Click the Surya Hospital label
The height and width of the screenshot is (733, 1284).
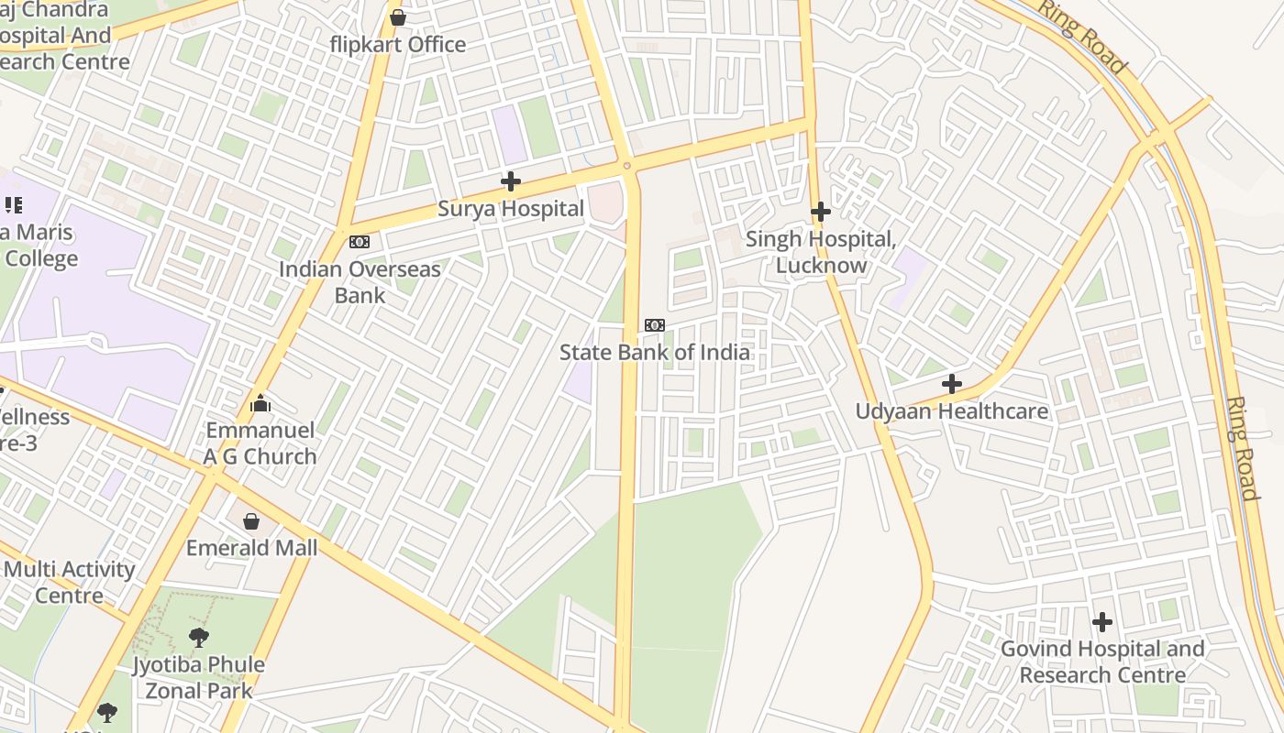tap(510, 209)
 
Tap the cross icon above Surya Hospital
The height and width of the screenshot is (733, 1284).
tap(511, 181)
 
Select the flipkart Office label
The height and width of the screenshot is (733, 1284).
tap(398, 44)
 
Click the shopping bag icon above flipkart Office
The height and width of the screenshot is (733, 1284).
tap(398, 17)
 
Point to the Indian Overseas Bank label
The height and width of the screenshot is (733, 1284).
tap(360, 282)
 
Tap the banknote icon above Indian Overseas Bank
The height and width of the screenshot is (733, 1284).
tap(360, 242)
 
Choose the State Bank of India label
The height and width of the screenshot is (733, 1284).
tap(654, 352)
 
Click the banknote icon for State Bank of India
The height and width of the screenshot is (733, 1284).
tap(655, 325)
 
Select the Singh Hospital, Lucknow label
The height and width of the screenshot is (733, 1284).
tap(821, 252)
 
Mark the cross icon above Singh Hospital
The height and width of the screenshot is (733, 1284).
tap(821, 212)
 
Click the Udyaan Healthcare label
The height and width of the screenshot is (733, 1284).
tap(951, 411)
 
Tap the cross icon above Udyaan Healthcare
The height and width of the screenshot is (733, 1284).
tap(952, 384)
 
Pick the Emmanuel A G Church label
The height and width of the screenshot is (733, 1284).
tap(260, 443)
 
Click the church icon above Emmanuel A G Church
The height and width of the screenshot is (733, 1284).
tap(260, 403)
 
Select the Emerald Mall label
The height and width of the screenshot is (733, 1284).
tap(251, 548)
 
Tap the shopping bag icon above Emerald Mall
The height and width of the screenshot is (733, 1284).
tap(251, 521)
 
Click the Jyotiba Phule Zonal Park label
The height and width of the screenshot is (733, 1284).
tap(198, 677)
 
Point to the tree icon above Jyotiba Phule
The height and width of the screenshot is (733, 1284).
tap(198, 637)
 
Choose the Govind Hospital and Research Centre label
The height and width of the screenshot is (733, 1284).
tap(1101, 662)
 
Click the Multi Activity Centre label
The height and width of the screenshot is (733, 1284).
tap(69, 582)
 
